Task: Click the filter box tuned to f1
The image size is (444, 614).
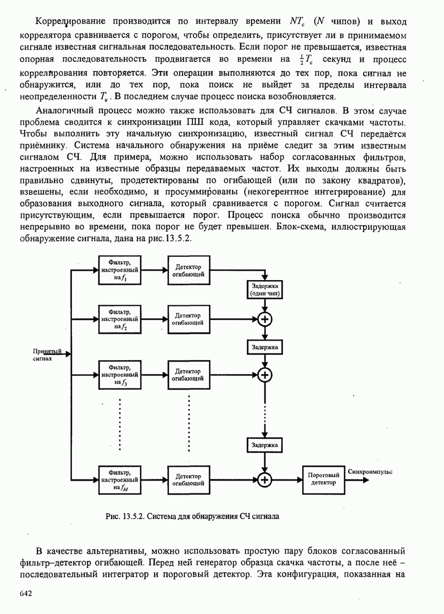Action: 119,271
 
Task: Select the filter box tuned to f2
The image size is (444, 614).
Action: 119,319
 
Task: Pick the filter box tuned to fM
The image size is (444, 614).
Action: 119,479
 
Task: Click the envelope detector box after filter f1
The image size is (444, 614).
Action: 189,271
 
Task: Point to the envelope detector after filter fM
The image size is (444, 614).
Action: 189,479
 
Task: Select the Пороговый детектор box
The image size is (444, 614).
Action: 322,479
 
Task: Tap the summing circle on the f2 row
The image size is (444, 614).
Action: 265,319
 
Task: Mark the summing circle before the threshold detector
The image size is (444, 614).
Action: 265,479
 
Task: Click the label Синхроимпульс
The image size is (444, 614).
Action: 370,472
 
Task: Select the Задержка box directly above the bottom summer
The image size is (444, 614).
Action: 265,445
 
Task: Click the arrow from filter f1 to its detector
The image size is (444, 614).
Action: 153,271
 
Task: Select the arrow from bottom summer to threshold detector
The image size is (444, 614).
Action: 287,479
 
